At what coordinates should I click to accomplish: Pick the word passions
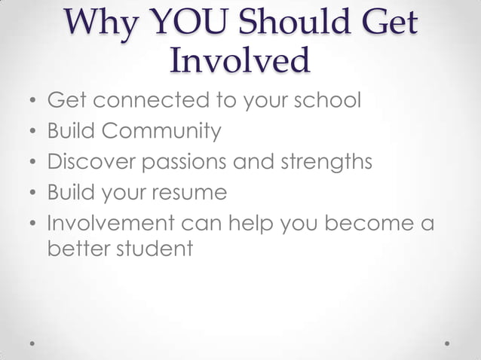pyautogui.click(x=197, y=162)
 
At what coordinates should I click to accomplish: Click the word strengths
pyautogui.click(x=329, y=162)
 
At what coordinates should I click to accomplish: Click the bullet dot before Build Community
pyautogui.click(x=32, y=133)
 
